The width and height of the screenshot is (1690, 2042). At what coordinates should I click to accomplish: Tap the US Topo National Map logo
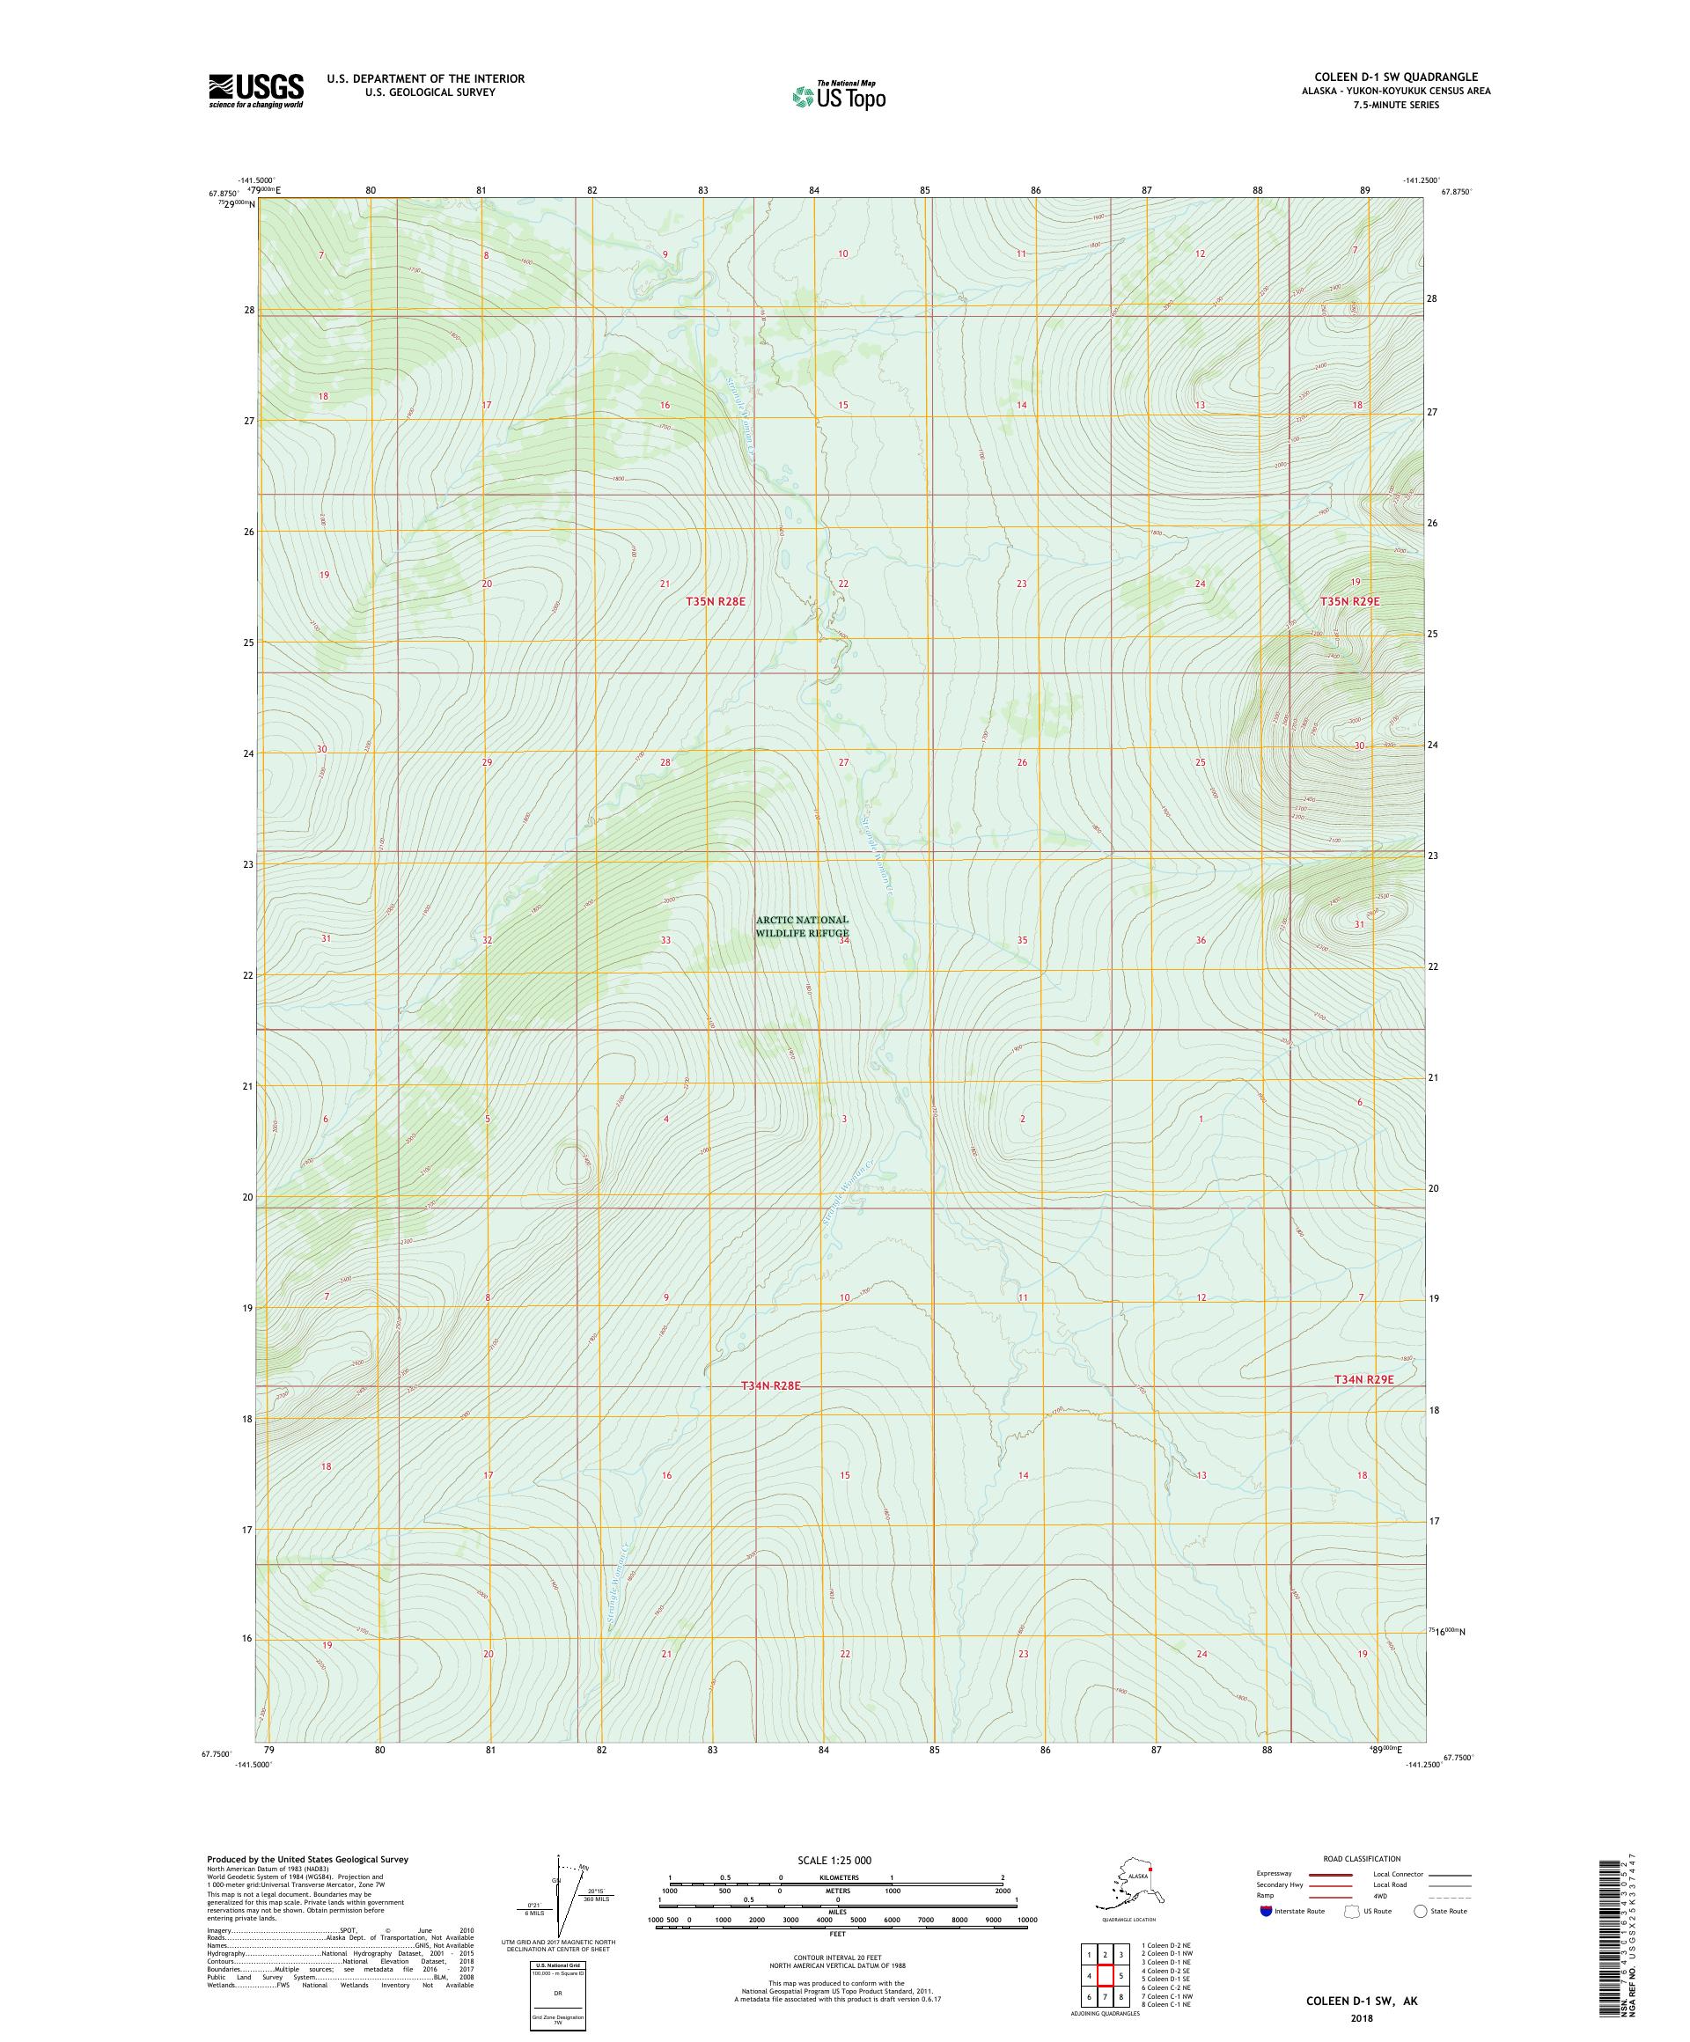[x=838, y=95]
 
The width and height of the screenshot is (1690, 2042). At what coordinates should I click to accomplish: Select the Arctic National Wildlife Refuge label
[x=802, y=926]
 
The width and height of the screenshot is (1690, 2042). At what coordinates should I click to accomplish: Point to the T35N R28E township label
[x=715, y=602]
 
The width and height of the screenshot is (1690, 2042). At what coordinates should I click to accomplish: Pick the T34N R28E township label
[x=770, y=1384]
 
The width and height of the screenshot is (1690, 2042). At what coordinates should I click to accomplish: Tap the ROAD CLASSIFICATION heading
[x=1362, y=1858]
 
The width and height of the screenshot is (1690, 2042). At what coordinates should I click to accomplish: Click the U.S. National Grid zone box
[x=558, y=1993]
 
